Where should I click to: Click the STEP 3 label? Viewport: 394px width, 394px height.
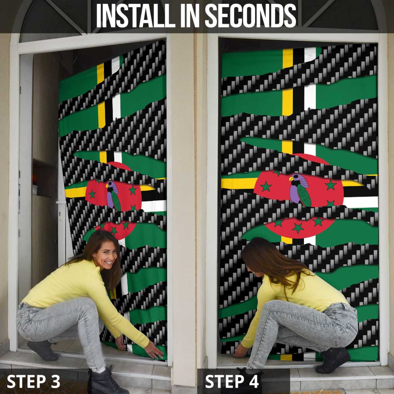click(x=33, y=381)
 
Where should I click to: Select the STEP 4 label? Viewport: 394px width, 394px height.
click(x=232, y=381)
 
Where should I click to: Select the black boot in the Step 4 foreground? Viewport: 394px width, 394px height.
click(x=332, y=360)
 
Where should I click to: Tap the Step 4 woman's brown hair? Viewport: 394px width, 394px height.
click(x=269, y=262)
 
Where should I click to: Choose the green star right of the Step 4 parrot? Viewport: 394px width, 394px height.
click(x=331, y=185)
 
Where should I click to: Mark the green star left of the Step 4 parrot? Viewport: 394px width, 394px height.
click(x=266, y=187)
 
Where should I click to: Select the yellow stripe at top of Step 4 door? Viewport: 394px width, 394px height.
click(x=287, y=58)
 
